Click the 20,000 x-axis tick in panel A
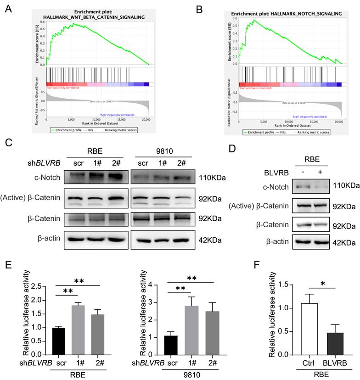tap(146, 120)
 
